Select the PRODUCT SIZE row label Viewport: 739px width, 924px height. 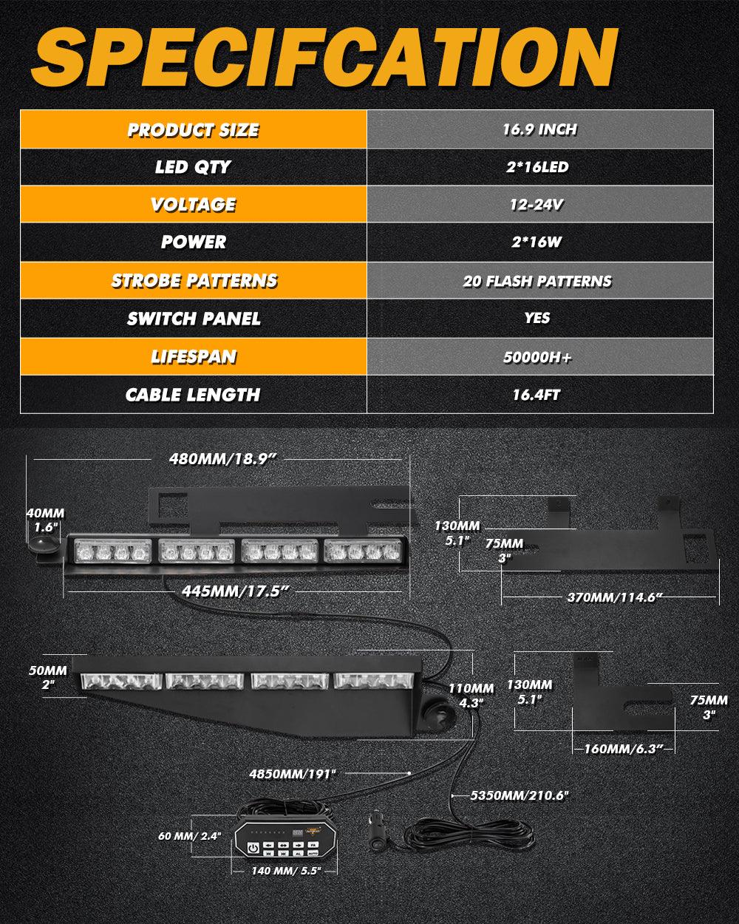tap(193, 130)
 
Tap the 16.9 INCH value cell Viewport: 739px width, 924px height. tap(539, 130)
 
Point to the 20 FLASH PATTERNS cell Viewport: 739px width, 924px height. tap(537, 281)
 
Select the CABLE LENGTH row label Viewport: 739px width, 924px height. tap(193, 395)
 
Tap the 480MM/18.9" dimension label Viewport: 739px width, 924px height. tap(222, 458)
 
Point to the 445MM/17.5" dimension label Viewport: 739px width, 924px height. tap(234, 590)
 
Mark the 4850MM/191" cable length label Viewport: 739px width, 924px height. tap(293, 773)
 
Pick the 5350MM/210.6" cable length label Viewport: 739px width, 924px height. tap(520, 795)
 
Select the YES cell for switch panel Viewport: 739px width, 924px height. tap(537, 318)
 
